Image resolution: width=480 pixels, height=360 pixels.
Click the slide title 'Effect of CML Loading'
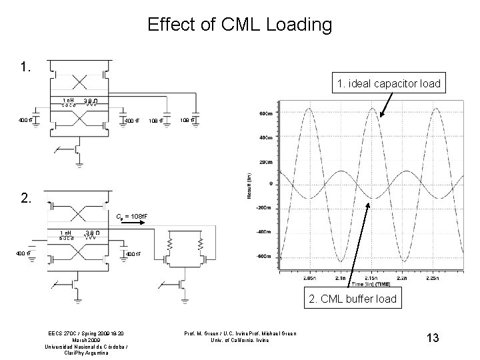(240, 25)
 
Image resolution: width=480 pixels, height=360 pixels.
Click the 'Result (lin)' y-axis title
(249, 185)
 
